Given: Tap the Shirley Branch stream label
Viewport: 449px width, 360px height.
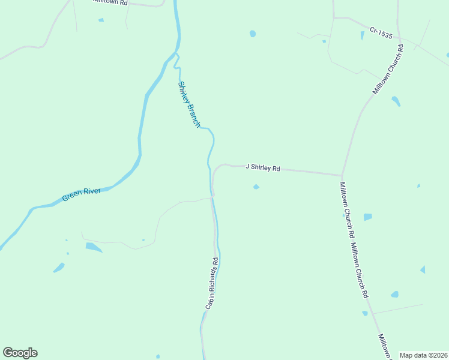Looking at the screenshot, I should [188, 104].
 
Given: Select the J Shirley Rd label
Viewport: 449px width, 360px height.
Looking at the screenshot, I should [263, 168].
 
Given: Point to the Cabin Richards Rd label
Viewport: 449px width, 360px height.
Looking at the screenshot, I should [211, 284].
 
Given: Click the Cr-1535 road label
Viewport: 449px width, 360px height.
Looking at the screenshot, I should [381, 32].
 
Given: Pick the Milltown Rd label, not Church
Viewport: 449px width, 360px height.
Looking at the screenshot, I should [110, 2].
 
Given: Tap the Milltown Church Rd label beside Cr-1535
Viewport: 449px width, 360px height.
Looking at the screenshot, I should [388, 69].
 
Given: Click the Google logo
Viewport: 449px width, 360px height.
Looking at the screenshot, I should [20, 353].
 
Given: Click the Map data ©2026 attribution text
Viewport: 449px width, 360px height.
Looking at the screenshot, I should [423, 355].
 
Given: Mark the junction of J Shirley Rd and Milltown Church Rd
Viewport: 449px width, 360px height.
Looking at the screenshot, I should [342, 175].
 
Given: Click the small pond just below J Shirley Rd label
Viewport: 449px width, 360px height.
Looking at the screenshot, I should [256, 187].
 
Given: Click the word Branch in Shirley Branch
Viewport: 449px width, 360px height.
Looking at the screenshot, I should [193, 115].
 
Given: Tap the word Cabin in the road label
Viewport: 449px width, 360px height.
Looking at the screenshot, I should [209, 302].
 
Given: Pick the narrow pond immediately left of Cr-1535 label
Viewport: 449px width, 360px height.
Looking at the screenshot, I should [362, 35].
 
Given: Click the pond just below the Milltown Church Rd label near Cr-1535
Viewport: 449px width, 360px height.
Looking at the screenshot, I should [396, 100].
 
